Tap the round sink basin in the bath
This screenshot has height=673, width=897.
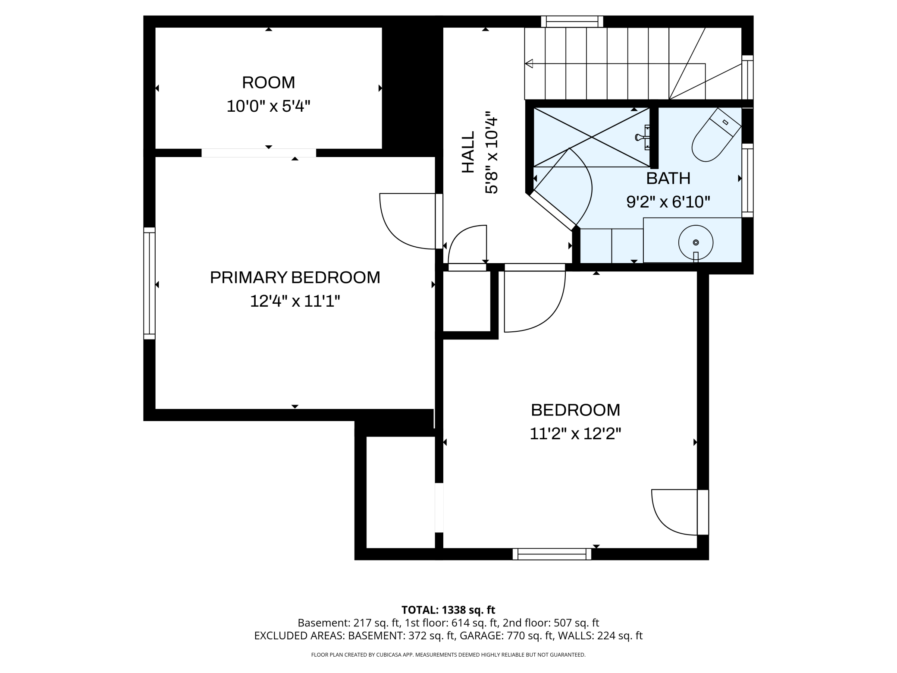[695, 242]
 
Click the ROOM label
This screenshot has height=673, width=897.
[268, 82]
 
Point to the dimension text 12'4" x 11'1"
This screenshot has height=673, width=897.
[295, 301]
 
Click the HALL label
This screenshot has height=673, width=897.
[468, 152]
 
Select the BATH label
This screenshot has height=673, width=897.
[668, 178]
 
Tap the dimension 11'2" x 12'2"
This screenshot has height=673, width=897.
[575, 434]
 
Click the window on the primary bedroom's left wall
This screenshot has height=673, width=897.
[149, 283]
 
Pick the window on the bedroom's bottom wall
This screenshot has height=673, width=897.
[552, 554]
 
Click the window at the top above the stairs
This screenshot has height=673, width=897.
[572, 22]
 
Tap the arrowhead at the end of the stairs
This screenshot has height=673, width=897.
[529, 64]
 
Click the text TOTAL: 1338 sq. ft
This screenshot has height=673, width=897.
[448, 610]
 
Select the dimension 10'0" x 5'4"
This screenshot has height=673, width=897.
[268, 106]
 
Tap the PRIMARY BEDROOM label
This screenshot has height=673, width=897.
[295, 277]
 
